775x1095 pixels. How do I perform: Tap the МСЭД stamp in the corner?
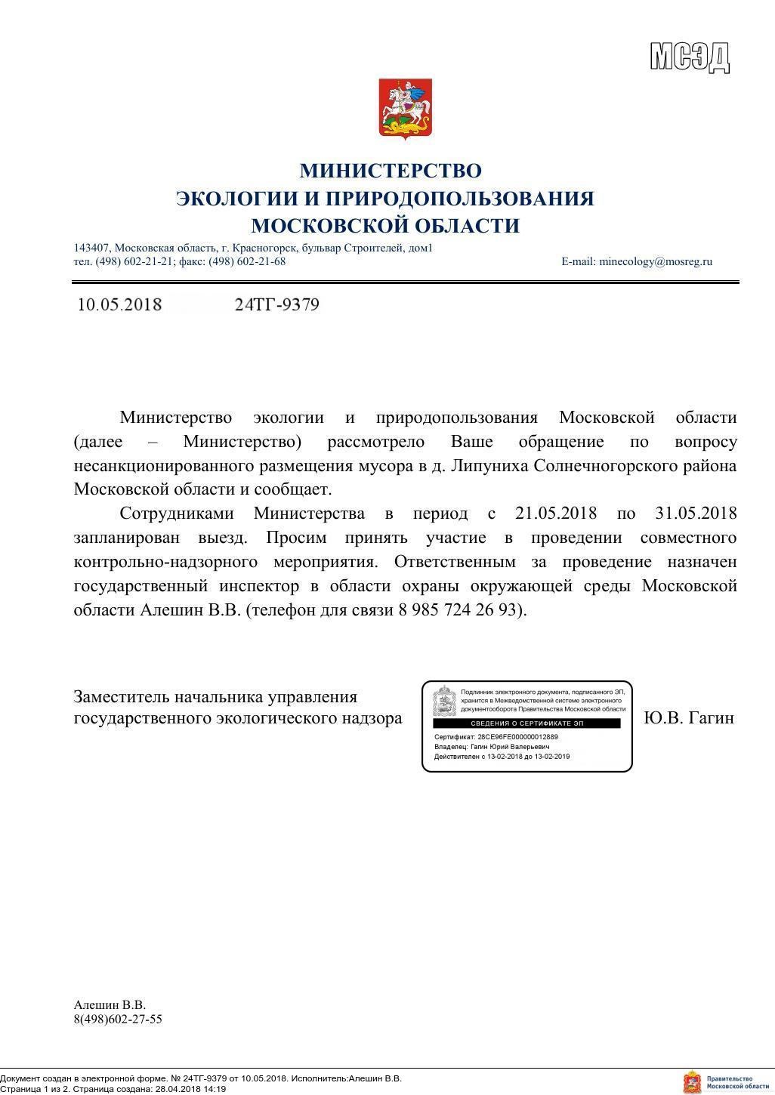click(690, 57)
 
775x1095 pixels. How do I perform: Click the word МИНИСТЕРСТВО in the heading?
click(390, 171)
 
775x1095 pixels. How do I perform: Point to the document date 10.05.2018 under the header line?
click(119, 305)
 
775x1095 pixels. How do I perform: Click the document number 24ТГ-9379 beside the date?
click(277, 305)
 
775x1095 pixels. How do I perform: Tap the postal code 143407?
click(91, 248)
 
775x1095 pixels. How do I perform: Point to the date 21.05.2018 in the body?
click(555, 514)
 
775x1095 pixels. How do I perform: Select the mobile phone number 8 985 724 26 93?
click(459, 611)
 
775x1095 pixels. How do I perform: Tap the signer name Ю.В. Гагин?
click(689, 718)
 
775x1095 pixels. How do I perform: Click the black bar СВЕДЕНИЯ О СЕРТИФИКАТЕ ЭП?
click(526, 723)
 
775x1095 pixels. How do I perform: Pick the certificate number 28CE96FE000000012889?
click(517, 736)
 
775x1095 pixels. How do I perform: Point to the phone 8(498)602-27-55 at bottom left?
click(118, 1019)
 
